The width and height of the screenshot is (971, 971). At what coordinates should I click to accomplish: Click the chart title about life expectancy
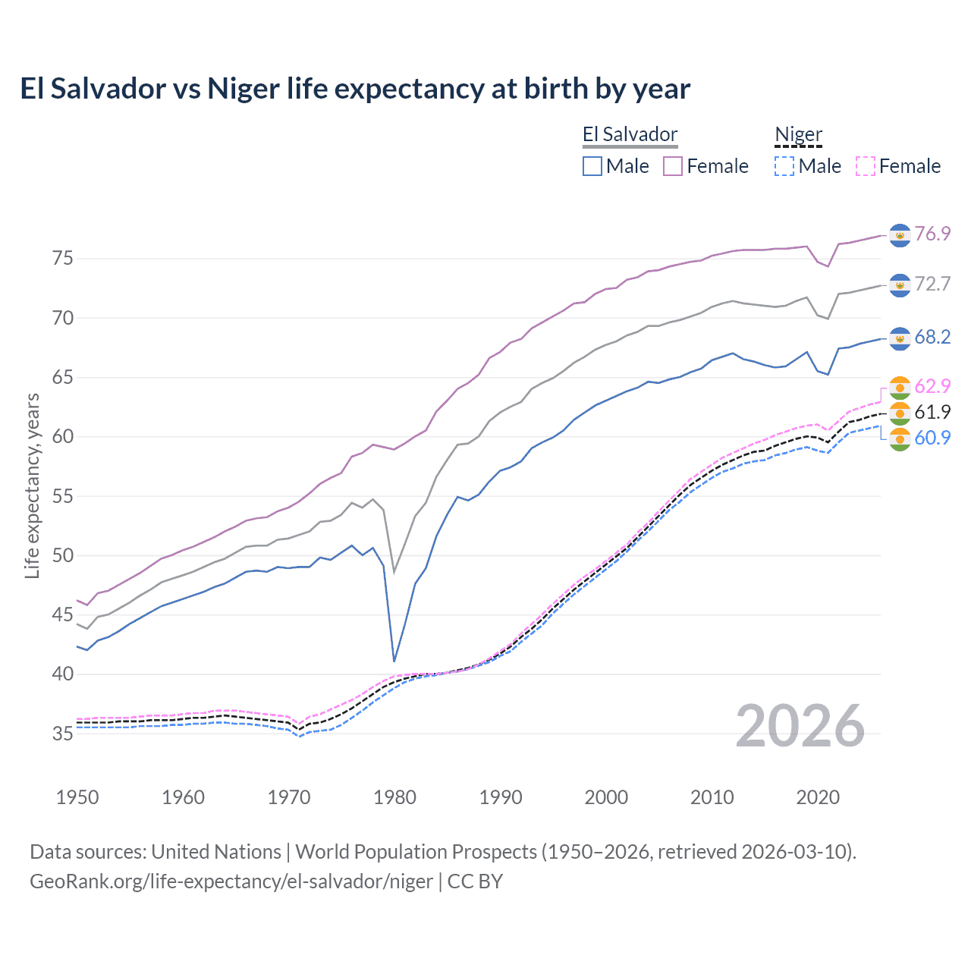tap(355, 89)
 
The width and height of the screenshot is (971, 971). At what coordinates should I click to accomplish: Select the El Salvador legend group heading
tap(630, 135)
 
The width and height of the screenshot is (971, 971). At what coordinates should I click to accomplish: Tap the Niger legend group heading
tap(798, 135)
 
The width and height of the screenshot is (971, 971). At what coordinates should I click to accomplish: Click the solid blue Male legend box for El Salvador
tap(592, 166)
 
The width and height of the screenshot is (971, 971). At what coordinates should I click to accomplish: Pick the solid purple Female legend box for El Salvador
tap(674, 166)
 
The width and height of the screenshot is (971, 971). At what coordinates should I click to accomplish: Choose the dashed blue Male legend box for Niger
tap(784, 166)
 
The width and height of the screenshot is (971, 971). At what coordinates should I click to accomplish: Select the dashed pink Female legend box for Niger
tap(866, 166)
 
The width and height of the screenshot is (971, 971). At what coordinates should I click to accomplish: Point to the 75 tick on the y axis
tap(63, 259)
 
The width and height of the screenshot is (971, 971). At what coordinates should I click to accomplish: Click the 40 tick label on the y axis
tap(63, 674)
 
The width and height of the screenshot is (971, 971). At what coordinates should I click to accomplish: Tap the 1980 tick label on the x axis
tap(394, 797)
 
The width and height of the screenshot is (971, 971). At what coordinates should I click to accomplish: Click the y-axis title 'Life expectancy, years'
tap(32, 485)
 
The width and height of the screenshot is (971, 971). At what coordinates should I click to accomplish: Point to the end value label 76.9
tap(932, 234)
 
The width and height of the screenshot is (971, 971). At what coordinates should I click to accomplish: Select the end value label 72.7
tap(932, 284)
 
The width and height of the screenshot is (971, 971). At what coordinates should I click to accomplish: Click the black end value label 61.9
tap(932, 412)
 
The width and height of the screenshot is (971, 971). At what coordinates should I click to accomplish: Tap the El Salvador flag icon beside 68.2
tap(900, 338)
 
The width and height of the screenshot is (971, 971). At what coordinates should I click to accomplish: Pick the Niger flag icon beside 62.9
tap(900, 387)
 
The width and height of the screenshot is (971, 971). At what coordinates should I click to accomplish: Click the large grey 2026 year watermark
tap(800, 726)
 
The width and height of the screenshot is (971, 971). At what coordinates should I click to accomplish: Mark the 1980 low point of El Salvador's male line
tap(394, 661)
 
